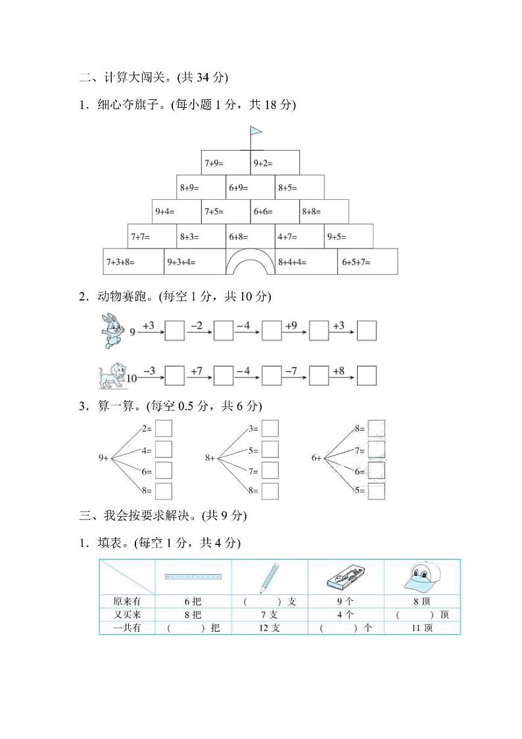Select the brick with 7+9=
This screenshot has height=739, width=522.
coord(225,162)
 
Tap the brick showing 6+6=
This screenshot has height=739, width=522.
coord(275,212)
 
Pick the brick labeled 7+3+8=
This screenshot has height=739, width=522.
coord(133,262)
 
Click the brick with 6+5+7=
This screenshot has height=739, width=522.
coord(368,262)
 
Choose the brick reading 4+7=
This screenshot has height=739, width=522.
coord(299,236)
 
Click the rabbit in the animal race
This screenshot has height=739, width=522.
coord(108,331)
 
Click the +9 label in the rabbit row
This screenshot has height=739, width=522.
coord(291,325)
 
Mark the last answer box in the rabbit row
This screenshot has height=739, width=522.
coord(366,331)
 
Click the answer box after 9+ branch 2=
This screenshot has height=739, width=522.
coord(164,429)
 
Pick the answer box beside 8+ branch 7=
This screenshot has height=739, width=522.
coord(270,471)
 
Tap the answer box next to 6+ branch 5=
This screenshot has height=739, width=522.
coord(377,490)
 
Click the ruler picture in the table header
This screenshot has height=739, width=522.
coord(193,577)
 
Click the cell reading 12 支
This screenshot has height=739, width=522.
coord(270,628)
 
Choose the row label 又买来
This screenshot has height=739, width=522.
coord(126,615)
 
